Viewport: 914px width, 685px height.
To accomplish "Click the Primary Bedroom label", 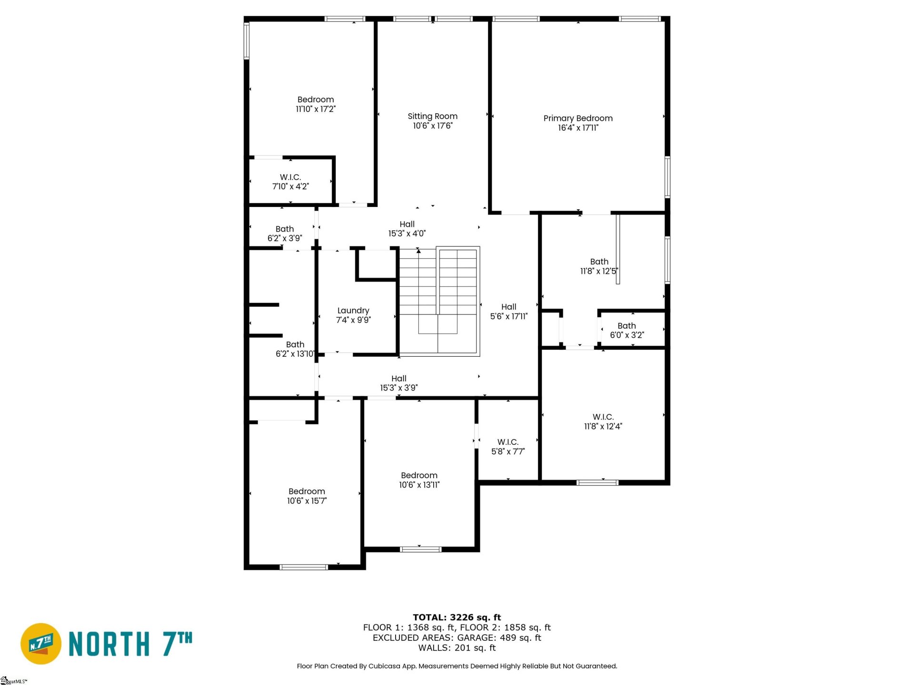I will [578, 118].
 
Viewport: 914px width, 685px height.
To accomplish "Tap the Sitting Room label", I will [432, 117].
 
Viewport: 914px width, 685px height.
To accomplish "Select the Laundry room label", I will [353, 311].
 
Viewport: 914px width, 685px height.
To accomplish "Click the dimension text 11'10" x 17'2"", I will [316, 109].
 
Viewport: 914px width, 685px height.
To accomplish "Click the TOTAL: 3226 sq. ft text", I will [457, 617].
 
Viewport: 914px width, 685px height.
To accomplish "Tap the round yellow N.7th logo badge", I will [41, 644].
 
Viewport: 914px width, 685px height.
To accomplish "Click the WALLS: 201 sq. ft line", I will [457, 648].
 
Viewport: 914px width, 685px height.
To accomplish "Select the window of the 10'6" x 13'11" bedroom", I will [420, 549].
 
